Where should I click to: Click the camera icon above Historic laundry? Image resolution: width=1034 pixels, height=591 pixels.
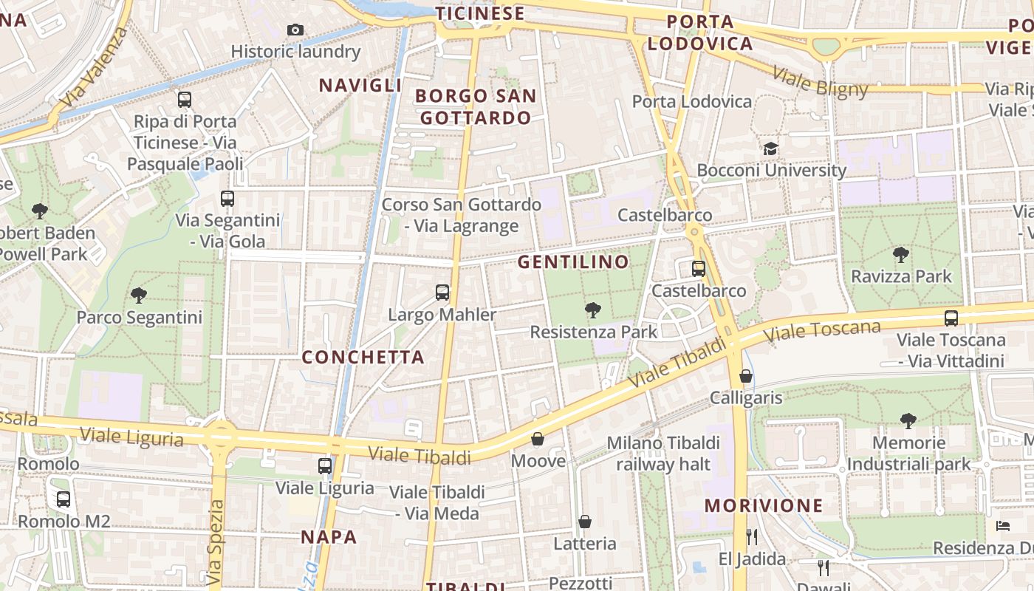pos(295,30)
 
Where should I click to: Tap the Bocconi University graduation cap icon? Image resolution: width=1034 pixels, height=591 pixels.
pos(771,148)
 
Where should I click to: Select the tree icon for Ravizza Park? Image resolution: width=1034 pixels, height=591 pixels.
pos(900,255)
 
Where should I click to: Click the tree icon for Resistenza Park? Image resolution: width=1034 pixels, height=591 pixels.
pos(592,310)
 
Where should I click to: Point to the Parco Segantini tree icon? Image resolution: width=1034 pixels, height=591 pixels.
pos(138,295)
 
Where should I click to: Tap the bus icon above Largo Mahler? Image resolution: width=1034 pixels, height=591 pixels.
pos(442,293)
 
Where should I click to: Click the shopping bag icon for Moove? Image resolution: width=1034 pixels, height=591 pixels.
pos(538,439)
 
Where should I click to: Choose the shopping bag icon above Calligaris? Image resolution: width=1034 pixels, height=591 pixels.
pos(746,376)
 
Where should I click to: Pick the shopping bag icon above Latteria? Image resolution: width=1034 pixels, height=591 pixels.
pos(585,522)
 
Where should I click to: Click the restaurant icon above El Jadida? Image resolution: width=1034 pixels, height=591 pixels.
pos(752,536)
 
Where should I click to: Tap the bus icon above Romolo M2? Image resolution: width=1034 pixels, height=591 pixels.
pos(64,499)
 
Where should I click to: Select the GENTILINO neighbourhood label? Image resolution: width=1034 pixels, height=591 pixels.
pos(573,262)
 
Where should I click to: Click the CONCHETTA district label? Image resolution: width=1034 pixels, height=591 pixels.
pos(363,357)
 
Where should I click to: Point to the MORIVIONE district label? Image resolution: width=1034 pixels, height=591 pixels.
pos(764,505)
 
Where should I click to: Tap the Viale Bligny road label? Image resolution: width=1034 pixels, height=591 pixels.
pos(821,82)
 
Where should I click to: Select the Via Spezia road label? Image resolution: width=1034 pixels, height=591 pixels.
pos(215,539)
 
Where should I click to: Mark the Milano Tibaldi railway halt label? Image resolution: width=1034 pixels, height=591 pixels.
pos(663,453)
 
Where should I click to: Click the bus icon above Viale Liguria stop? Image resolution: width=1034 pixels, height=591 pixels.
pos(325,465)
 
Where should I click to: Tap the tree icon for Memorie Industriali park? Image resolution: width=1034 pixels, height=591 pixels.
pos(908,420)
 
